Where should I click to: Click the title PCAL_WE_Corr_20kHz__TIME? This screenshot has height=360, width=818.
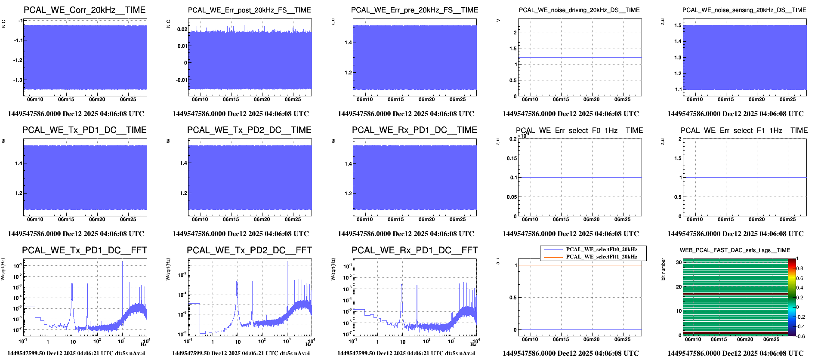(x=84, y=10)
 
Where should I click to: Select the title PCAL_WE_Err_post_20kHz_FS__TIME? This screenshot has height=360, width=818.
(x=249, y=10)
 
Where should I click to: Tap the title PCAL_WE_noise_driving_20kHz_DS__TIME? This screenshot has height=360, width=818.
(x=579, y=10)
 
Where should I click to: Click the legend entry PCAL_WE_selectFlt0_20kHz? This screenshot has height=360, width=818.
(x=601, y=249)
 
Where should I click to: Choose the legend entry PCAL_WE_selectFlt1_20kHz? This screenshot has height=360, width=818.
(x=601, y=257)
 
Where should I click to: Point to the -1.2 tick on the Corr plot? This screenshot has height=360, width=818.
(x=18, y=60)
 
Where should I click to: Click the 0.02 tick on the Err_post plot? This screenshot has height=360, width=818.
(x=182, y=29)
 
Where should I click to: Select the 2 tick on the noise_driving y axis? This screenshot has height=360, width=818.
(x=515, y=33)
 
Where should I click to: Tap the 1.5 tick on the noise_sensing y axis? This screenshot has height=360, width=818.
(x=678, y=25)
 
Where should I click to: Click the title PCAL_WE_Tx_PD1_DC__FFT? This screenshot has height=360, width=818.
(x=84, y=250)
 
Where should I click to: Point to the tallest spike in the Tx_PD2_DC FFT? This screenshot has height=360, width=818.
(x=287, y=262)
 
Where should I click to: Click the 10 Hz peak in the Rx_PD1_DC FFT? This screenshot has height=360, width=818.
(x=402, y=285)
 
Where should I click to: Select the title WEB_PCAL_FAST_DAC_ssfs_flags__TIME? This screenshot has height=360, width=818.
(x=735, y=250)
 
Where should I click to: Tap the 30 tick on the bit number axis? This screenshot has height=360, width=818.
(x=679, y=262)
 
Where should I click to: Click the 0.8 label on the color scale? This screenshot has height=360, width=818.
(x=799, y=268)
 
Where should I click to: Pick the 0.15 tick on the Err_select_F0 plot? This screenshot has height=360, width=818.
(x=512, y=158)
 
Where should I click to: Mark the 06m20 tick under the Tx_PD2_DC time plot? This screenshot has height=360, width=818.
(x=262, y=219)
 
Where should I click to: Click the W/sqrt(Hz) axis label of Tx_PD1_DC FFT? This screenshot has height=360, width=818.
(x=3, y=269)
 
